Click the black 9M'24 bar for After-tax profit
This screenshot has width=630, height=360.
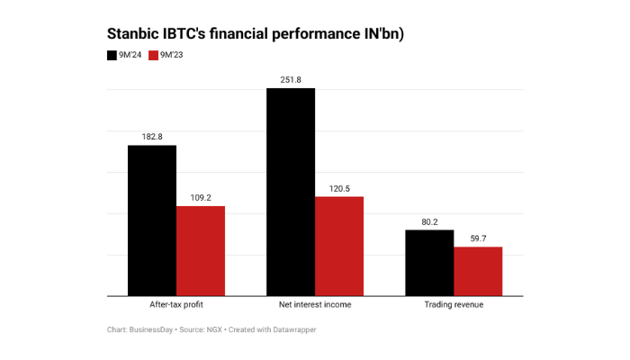pos(152,220)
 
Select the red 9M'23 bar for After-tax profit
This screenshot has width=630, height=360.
pos(201,251)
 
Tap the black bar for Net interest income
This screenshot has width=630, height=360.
pos(291,192)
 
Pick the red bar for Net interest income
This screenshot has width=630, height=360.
pos(339,246)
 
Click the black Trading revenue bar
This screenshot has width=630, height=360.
pos(429,263)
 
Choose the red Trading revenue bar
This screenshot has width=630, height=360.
pos(478,271)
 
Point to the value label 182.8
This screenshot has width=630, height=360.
pos(152,136)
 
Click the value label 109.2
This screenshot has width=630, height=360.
pos(201,197)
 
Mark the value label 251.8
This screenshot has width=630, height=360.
pos(291,79)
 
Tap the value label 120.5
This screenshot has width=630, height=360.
pos(339,187)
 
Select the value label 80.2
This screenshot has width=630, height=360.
pos(429,221)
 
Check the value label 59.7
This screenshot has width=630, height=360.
pos(478,238)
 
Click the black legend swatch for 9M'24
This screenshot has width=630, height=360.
pos(111,56)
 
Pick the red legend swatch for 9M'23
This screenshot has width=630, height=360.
pos(153,56)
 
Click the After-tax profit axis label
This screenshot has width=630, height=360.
pos(176,305)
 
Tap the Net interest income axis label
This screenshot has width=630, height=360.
pos(315,305)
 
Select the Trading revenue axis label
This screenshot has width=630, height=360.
pos(454,305)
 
